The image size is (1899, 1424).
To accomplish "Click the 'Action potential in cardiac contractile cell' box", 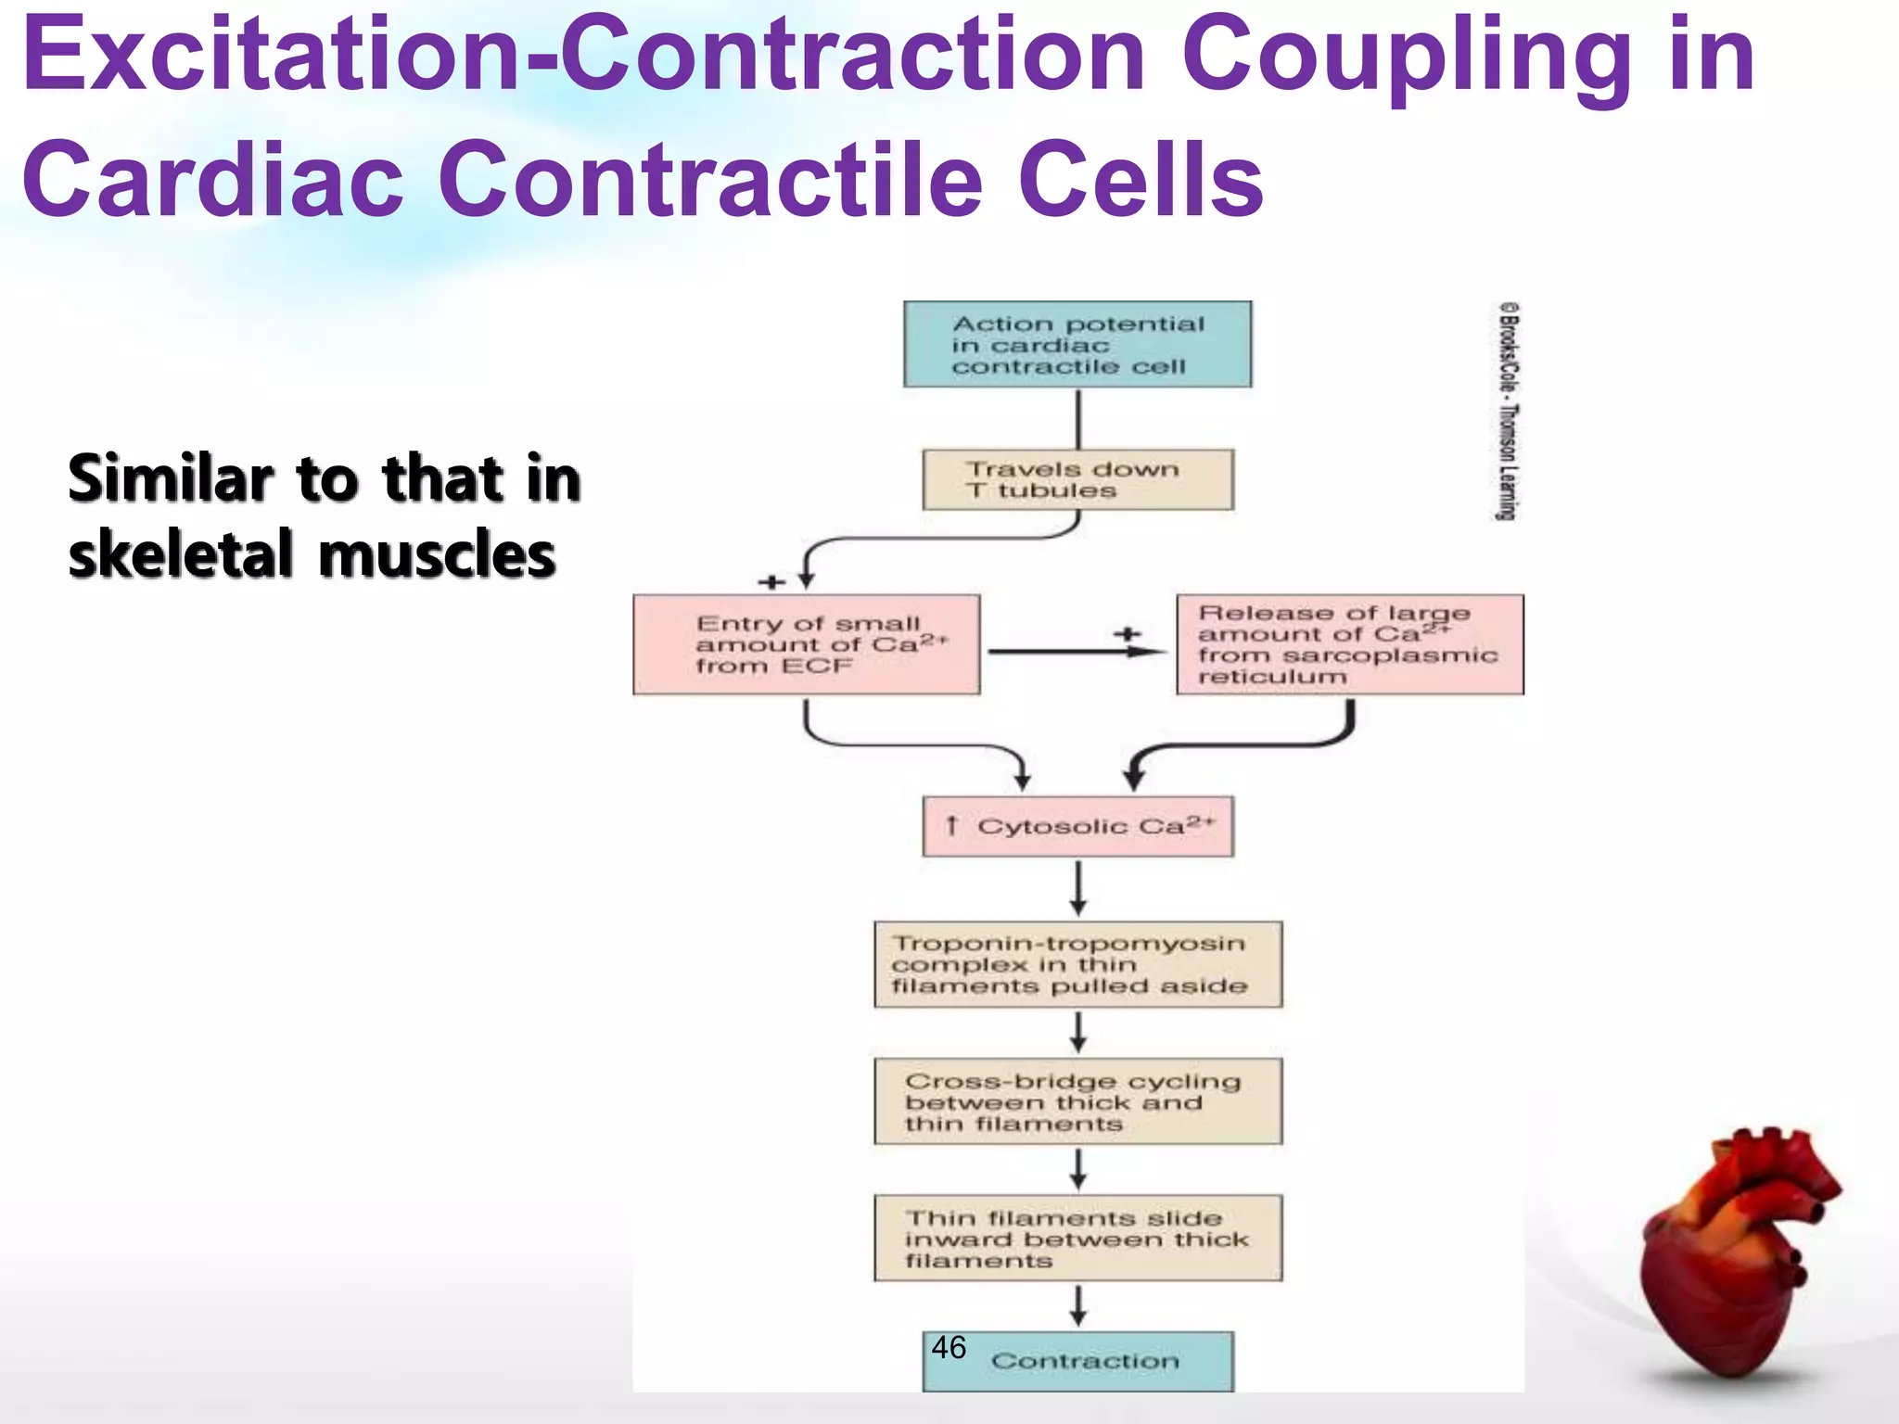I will click(1077, 344).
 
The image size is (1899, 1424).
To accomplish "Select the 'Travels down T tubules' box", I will click(1077, 479).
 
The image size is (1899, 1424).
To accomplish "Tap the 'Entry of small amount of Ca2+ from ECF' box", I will click(806, 644).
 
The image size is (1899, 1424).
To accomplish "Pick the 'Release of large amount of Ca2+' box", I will click(1349, 644).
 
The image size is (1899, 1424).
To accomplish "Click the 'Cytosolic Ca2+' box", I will click(1077, 826).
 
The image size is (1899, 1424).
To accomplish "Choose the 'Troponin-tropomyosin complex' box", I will click(1077, 964).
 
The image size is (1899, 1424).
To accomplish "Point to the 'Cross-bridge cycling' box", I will click(1077, 1101).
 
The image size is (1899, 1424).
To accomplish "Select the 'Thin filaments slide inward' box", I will click(1077, 1239).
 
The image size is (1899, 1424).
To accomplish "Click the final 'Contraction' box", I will click(1085, 1361).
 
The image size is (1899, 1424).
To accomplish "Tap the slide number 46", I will click(949, 1347).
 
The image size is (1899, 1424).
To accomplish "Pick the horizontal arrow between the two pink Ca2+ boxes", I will click(1076, 652).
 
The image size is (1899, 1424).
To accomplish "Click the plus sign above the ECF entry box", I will click(771, 582).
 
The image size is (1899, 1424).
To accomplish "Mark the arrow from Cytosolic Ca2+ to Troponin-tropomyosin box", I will click(1077, 887).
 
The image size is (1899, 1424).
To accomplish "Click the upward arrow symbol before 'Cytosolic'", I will click(950, 825).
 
